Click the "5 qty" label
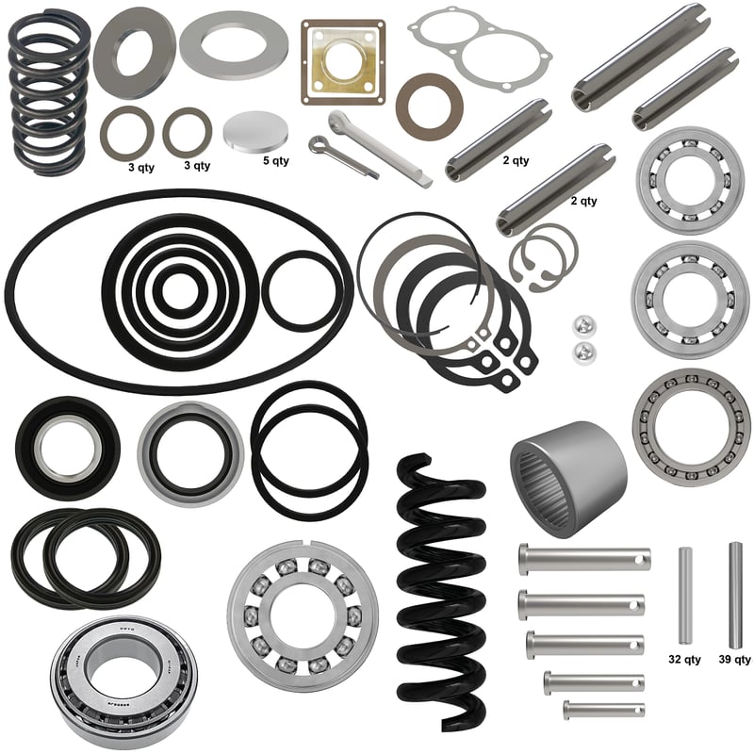pyautogui.click(x=275, y=160)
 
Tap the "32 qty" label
pyautogui.click(x=684, y=659)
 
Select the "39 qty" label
pyautogui.click(x=734, y=659)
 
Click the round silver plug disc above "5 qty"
pyautogui.click(x=256, y=131)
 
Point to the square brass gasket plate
pyautogui.click(x=343, y=62)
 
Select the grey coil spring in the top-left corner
pyautogui.click(x=51, y=91)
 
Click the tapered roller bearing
pyautogui.click(x=124, y=685)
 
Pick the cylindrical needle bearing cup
pyautogui.click(x=567, y=480)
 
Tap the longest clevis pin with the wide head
pyautogui.click(x=584, y=558)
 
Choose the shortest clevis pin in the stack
pyautogui.click(x=604, y=710)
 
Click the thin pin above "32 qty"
pyautogui.click(x=685, y=596)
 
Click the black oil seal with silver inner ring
pyautogui.click(x=68, y=449)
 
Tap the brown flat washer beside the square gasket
pyautogui.click(x=430, y=107)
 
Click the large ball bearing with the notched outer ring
pyautogui.click(x=303, y=616)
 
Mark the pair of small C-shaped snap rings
pyautogui.click(x=544, y=257)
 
